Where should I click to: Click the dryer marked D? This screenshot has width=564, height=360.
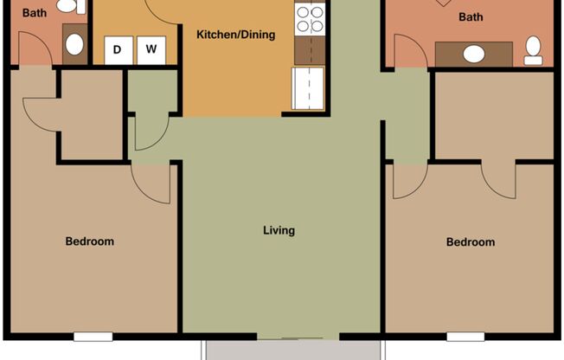click(x=119, y=50)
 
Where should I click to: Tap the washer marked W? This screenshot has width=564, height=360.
click(x=151, y=50)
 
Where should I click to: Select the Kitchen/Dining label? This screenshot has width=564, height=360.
click(x=235, y=35)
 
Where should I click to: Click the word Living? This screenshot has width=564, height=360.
click(x=279, y=230)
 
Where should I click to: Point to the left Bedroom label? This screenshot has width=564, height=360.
click(x=90, y=241)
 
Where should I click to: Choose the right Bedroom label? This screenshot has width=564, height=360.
click(x=471, y=242)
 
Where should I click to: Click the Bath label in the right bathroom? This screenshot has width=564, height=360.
click(x=471, y=16)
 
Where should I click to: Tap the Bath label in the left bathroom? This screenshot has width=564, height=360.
click(x=35, y=13)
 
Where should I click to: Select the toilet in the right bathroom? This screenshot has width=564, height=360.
click(x=533, y=50)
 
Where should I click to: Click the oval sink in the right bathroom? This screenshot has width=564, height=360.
click(x=474, y=54)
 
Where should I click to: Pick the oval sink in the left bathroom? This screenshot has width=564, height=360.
click(x=74, y=44)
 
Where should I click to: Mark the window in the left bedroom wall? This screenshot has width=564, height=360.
click(x=93, y=337)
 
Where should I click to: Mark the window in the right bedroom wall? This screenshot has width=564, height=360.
click(x=465, y=337)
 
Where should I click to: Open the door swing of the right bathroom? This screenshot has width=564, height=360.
click(x=408, y=51)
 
